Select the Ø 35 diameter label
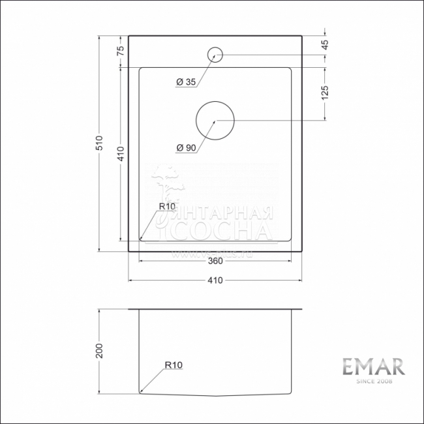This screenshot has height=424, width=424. pyautogui.click(x=186, y=82)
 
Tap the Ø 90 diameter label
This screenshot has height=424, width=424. pyautogui.click(x=186, y=148)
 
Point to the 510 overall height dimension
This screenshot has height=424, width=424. pyautogui.click(x=100, y=144)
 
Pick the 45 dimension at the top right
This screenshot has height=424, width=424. pyautogui.click(x=325, y=45)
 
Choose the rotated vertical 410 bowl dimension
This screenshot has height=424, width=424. pyautogui.click(x=121, y=155)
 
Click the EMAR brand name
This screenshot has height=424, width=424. pyautogui.click(x=373, y=366)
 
